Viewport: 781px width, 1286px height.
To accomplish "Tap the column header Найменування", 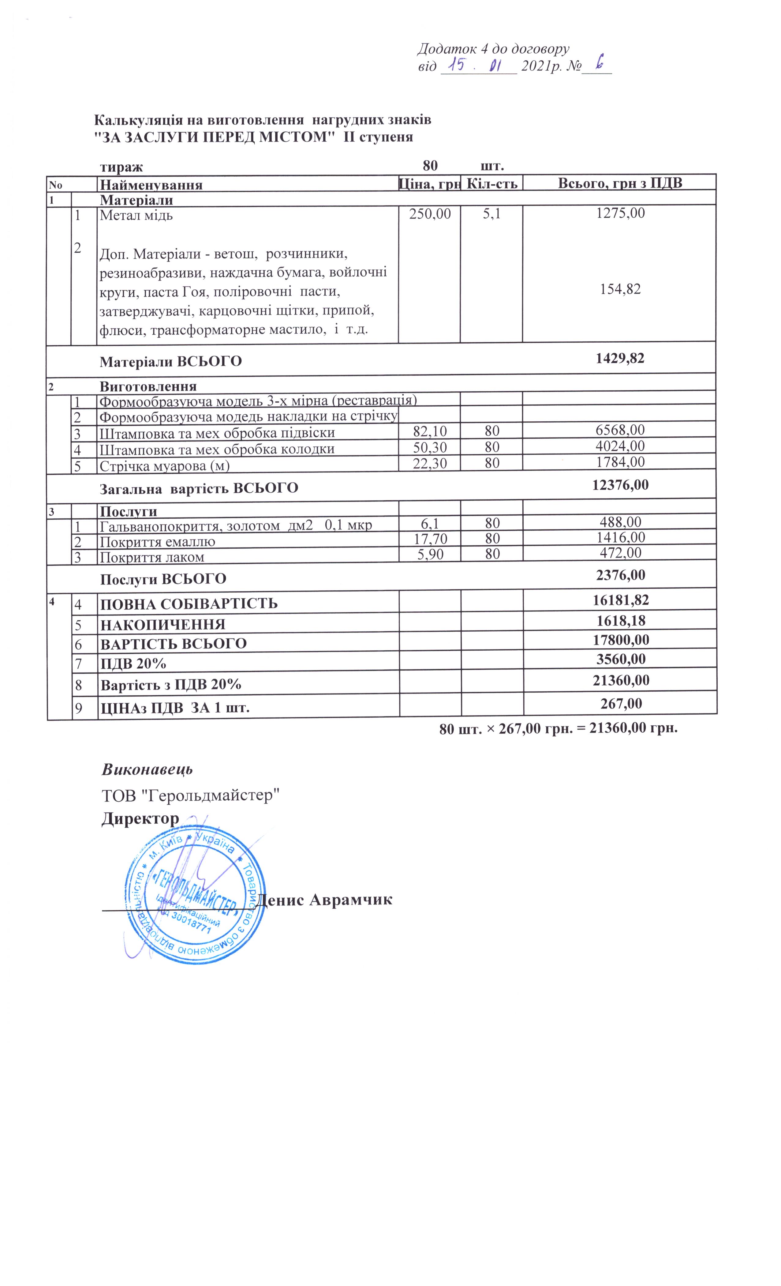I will (151, 184).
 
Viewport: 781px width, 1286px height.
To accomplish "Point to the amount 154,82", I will (620, 289).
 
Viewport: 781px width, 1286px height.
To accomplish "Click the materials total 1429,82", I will (620, 358).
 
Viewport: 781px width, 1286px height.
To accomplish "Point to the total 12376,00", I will (620, 485).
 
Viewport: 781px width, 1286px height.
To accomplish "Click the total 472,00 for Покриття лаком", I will (620, 553).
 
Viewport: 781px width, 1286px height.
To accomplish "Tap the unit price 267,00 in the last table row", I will (621, 704).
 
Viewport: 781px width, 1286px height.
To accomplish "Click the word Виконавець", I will (147, 769).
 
